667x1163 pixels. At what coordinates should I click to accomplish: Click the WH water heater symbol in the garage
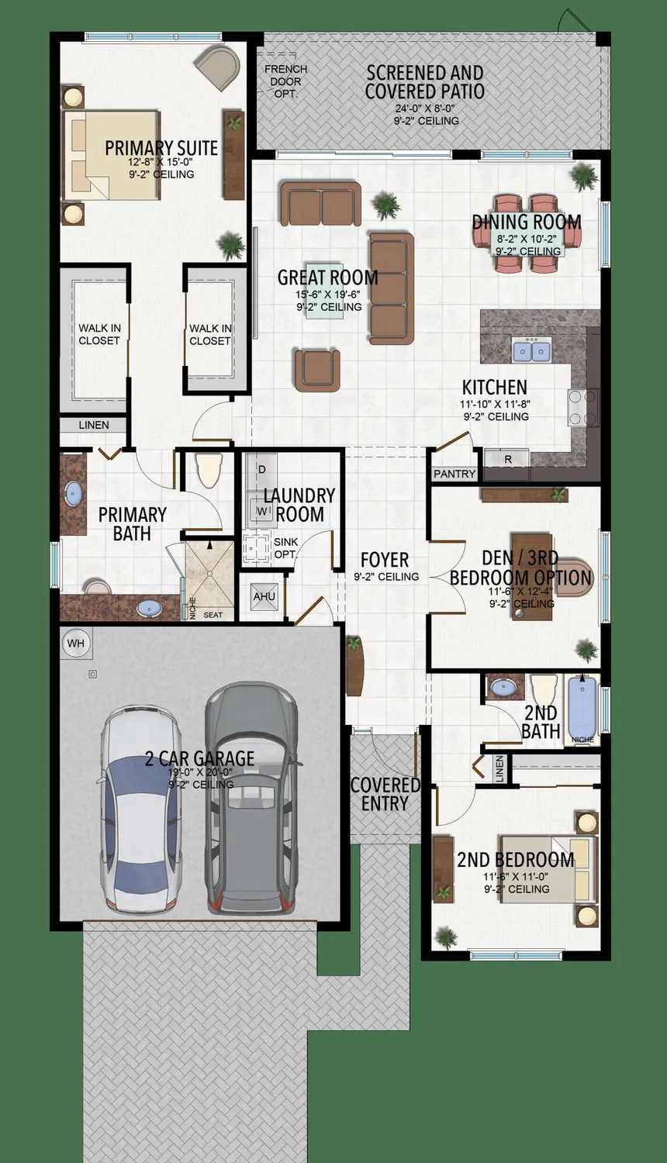pos(75,643)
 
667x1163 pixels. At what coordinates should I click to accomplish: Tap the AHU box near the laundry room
pos(264,596)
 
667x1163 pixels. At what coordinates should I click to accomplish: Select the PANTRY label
pos(454,474)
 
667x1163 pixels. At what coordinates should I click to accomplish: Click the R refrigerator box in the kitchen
pos(508,459)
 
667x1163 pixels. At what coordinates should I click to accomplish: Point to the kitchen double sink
pos(531,351)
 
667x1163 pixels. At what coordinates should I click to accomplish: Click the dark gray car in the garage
pos(251,799)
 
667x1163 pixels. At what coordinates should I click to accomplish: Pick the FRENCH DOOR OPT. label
pos(285,81)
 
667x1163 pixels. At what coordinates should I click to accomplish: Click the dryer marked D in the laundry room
pos(261,470)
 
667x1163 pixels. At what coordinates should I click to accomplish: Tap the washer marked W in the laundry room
pos(261,512)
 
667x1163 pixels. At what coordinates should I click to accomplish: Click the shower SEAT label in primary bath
pos(213,615)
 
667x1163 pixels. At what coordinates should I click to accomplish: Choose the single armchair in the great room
pos(316,369)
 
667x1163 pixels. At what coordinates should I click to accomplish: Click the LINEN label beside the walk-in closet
pos(94,425)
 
